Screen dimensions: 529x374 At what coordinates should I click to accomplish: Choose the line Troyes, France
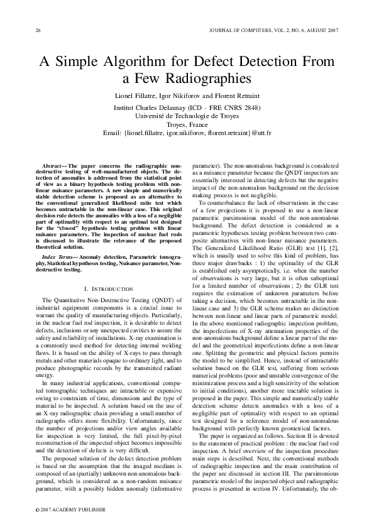(186, 124)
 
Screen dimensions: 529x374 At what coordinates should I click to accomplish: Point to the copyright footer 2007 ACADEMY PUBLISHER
(68, 509)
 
